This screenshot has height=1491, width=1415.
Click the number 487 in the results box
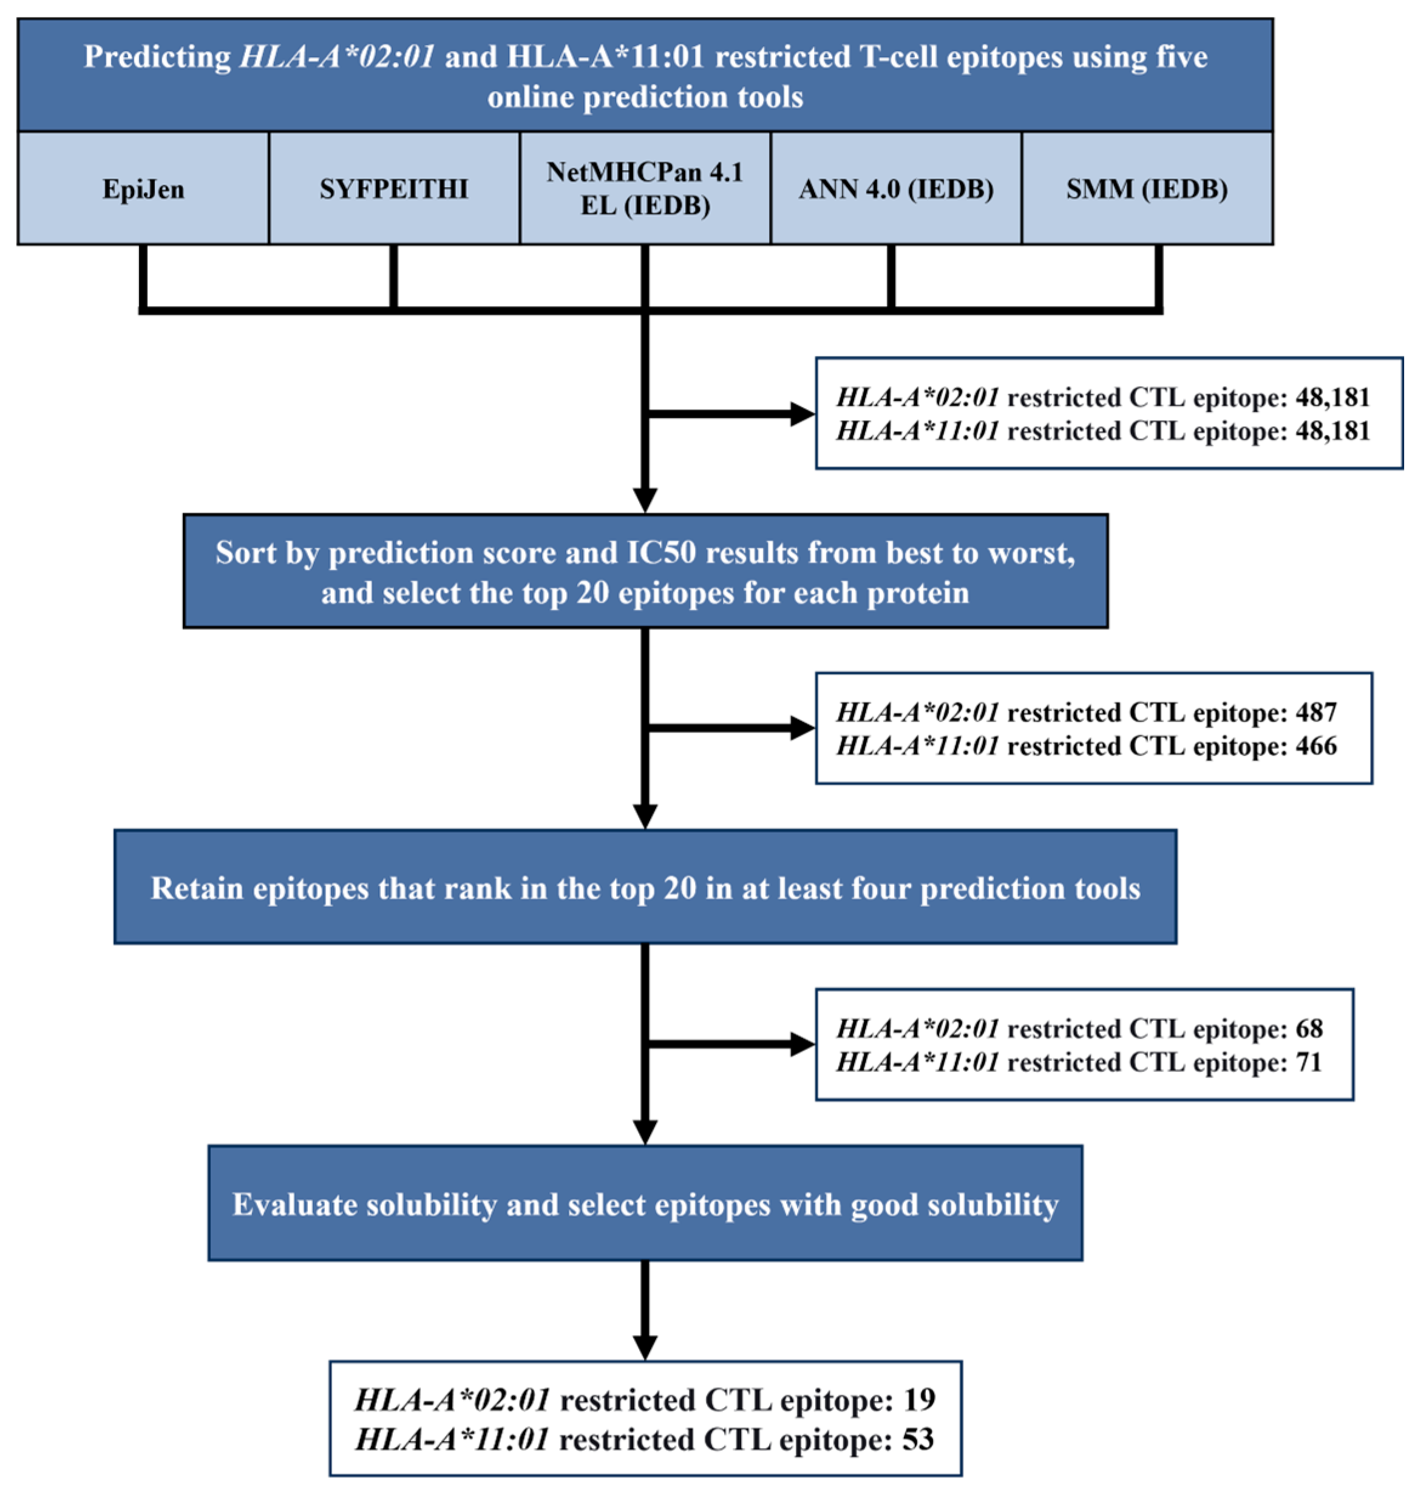pos(1316,712)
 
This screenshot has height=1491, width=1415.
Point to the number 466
pos(1316,746)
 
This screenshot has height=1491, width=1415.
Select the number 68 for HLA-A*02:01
pos(1309,1028)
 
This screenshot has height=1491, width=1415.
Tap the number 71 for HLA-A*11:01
pos(1309,1062)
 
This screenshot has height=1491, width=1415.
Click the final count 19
pos(918,1401)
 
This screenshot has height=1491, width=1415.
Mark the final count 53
pos(918,1440)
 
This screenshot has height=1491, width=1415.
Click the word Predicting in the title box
pos(157,57)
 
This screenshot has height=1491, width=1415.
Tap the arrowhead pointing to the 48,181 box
pos(802,414)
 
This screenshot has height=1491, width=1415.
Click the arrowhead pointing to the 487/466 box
pos(802,728)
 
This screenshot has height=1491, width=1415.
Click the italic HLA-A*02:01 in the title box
pos(336,57)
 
